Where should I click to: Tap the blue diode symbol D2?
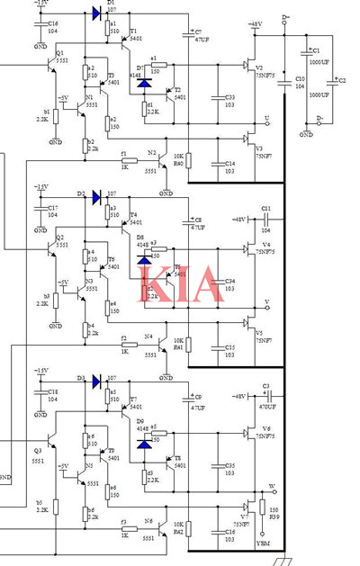(95, 194)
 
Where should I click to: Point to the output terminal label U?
(266, 120)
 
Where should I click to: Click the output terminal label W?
(272, 487)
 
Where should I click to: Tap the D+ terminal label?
(285, 17)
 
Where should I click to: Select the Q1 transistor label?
(59, 54)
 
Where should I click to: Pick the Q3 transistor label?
(38, 450)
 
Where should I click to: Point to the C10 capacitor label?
(300, 79)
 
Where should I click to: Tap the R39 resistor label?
(274, 516)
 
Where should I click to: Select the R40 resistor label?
(178, 164)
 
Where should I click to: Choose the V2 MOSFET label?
(258, 68)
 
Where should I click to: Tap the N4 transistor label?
(149, 337)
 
